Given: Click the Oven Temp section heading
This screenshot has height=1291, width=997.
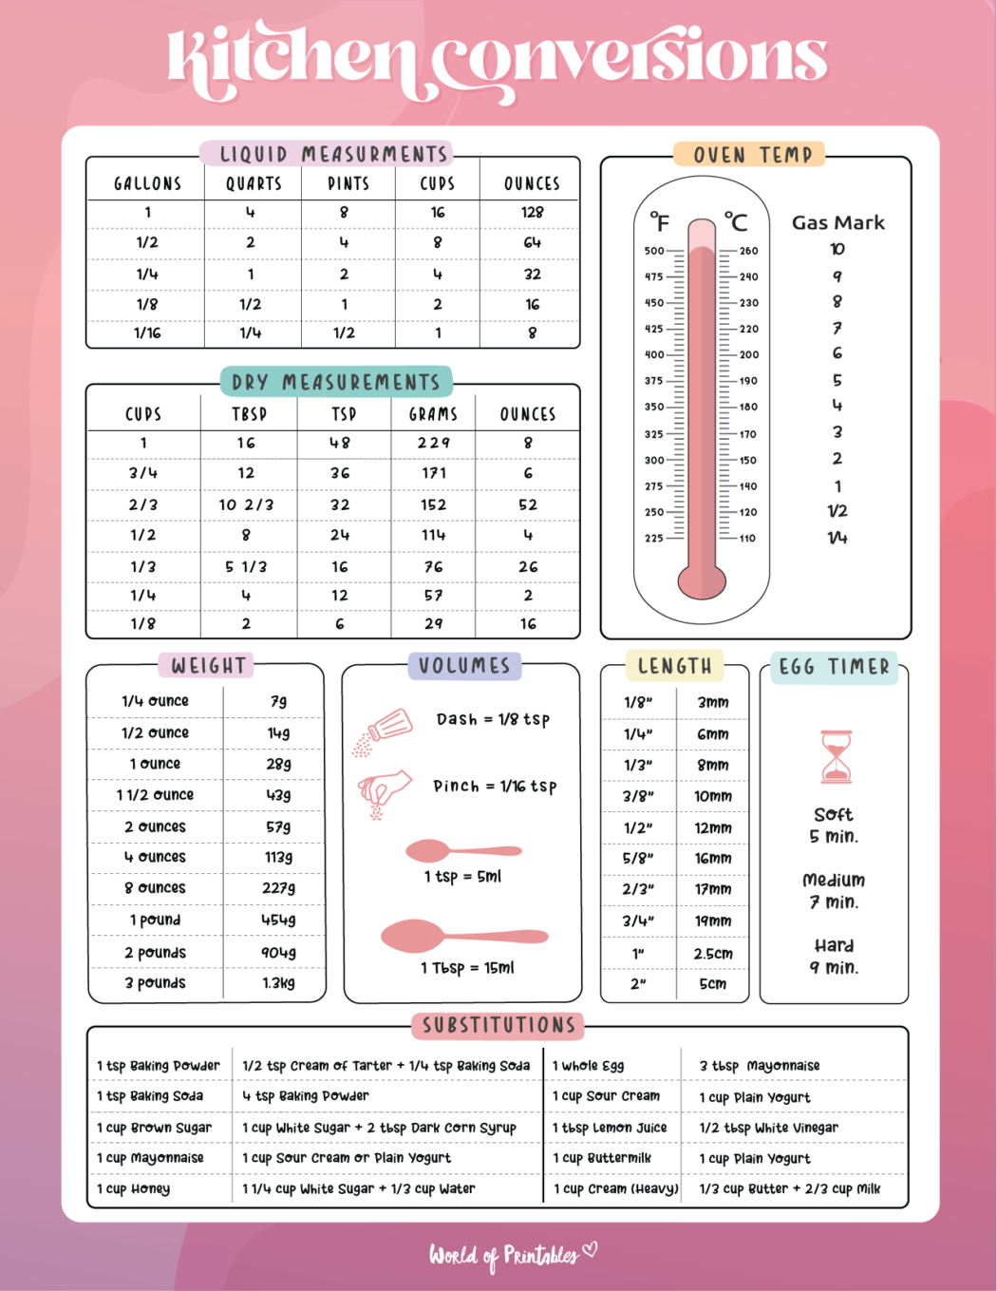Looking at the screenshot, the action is [752, 155].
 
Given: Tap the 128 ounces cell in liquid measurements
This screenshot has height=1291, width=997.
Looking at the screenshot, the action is [532, 212].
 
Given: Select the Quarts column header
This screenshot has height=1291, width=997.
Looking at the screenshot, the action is [254, 183].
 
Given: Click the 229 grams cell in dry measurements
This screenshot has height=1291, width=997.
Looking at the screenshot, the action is [434, 443].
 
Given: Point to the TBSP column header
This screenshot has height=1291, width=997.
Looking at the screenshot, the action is [249, 414].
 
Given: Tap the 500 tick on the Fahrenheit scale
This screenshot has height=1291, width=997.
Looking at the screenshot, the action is [655, 251].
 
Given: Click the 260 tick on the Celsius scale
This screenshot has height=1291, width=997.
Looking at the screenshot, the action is [748, 251].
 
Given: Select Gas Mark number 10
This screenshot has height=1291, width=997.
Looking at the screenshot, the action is [837, 249].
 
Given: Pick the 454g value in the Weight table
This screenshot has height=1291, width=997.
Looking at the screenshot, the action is [278, 920].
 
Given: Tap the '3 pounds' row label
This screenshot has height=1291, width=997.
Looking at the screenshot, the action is [155, 983].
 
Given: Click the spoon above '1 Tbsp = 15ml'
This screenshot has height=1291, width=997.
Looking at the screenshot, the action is [463, 937].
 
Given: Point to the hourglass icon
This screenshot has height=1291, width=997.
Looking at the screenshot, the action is [836, 756].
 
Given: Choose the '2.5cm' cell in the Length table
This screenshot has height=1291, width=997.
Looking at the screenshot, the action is [713, 953].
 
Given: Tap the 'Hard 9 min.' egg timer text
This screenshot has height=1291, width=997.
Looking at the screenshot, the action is [834, 957].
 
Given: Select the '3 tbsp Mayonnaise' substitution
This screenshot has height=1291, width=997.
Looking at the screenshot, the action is [760, 1066].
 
